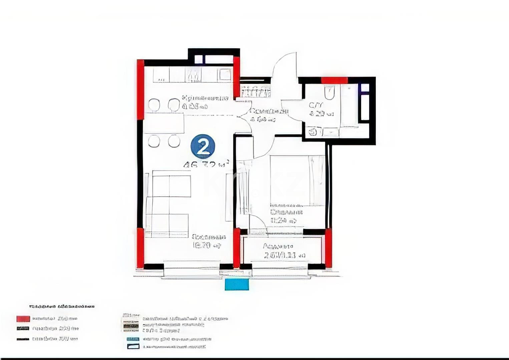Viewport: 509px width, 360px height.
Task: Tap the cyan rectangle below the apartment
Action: click(x=236, y=285)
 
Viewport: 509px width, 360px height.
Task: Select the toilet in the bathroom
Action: click(x=329, y=92)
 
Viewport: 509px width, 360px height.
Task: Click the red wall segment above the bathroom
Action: click(x=334, y=80)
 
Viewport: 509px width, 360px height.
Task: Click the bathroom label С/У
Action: click(x=316, y=105)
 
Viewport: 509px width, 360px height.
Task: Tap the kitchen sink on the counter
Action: click(x=193, y=76)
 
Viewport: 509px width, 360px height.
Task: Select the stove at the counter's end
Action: click(x=225, y=75)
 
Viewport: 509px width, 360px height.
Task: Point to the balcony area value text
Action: click(x=284, y=256)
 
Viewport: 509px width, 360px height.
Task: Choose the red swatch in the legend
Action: click(x=23, y=319)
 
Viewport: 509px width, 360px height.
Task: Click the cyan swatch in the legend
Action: click(x=133, y=339)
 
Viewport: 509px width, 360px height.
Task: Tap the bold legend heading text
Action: click(x=62, y=306)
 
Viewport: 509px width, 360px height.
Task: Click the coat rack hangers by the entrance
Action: click(x=255, y=92)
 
